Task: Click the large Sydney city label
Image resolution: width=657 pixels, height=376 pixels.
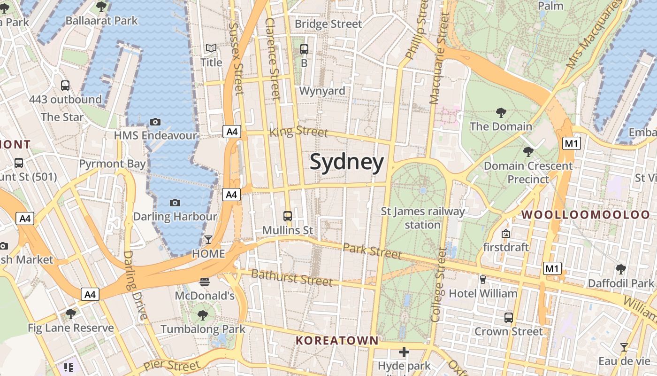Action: pos(347,162)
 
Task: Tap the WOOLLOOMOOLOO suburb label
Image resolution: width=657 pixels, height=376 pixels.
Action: pos(586,215)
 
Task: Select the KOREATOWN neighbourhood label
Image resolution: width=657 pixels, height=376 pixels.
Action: pos(337,340)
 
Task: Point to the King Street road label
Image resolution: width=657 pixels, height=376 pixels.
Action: pos(298,131)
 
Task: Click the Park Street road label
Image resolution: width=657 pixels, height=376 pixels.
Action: pos(372,251)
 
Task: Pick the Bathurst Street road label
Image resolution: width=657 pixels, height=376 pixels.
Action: pos(292,277)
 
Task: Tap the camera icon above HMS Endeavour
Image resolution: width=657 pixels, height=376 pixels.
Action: pos(155,122)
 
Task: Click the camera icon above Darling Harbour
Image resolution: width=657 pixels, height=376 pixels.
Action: pos(175,203)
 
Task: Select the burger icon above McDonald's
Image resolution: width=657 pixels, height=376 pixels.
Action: pos(205,282)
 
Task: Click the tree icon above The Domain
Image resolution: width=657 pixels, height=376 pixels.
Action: pos(501,113)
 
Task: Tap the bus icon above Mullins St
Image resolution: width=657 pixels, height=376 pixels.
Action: pos(288,216)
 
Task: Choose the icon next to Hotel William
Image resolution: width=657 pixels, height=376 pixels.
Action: pos(482,280)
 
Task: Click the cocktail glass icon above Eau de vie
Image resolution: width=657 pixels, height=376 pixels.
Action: pos(624,347)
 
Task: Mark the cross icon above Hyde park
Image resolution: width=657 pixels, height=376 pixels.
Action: pos(404,352)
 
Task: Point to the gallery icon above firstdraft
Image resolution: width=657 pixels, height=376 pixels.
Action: pos(506,234)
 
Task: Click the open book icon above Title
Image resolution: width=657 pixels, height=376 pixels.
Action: pos(211,48)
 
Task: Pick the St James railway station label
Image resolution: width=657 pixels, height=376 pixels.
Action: pos(422,218)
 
